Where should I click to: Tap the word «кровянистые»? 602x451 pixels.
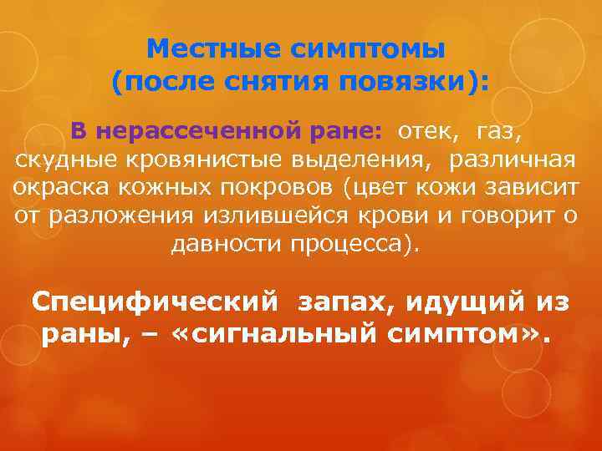(x=179, y=160)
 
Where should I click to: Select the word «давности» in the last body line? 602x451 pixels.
(x=224, y=245)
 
